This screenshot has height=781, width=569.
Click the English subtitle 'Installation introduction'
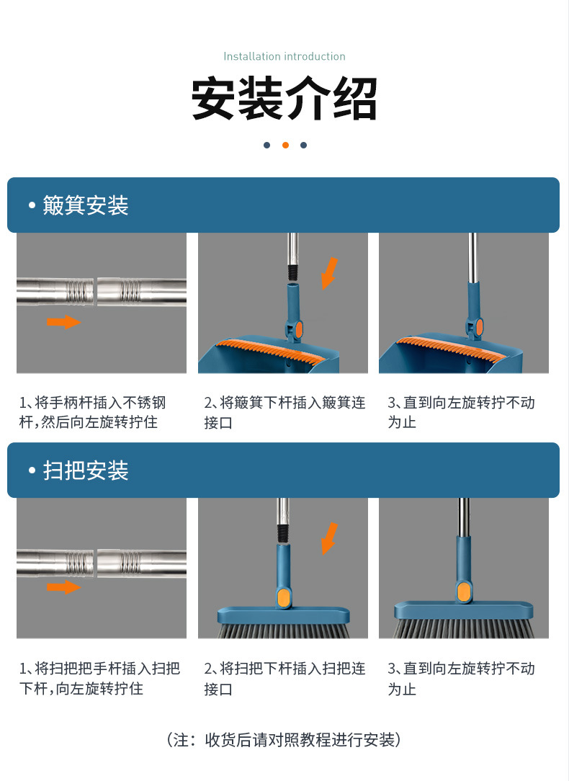(x=284, y=56)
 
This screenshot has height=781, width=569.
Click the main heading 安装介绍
(x=284, y=98)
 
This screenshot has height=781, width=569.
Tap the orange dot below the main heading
(x=285, y=145)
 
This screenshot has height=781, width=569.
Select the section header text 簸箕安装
(x=86, y=205)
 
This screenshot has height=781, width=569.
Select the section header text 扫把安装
(x=86, y=470)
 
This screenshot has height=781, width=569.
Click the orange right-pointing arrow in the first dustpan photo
(x=63, y=322)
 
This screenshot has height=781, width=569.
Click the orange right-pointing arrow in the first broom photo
(x=63, y=586)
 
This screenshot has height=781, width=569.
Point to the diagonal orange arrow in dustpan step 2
(x=329, y=274)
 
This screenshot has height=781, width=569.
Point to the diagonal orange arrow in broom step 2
(x=329, y=538)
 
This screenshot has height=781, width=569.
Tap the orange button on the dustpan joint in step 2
(x=299, y=329)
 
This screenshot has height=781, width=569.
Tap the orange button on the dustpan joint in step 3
(x=480, y=327)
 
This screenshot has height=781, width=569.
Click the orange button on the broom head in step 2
(x=284, y=597)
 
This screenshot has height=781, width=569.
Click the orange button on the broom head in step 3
(x=464, y=592)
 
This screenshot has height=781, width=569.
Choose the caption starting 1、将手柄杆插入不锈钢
(x=93, y=412)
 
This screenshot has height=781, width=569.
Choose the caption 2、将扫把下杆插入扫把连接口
(x=284, y=679)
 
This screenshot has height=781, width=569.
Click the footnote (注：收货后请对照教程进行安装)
(x=284, y=740)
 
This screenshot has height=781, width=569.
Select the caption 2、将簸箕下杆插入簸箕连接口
(x=284, y=412)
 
